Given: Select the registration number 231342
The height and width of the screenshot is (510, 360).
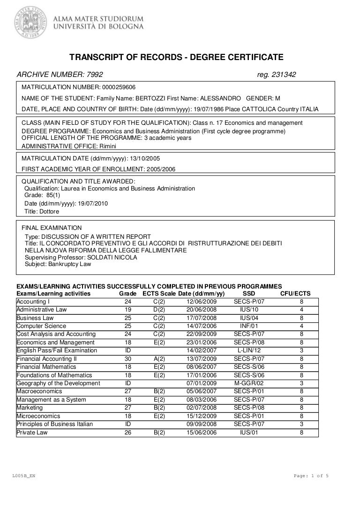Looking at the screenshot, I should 280,75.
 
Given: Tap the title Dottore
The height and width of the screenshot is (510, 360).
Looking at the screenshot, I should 49,211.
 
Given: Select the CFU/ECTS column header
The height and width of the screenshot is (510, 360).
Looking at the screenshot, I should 295,294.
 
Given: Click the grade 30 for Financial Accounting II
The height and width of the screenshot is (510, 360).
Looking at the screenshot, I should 128,358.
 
